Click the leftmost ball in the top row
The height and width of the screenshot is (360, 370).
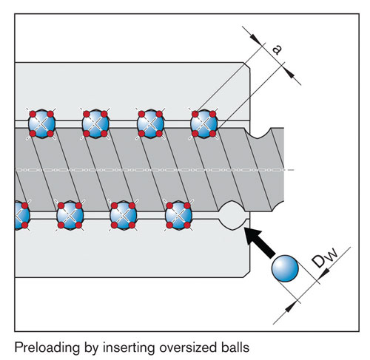tap(42, 123)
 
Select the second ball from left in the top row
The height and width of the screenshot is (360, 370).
tap(96, 123)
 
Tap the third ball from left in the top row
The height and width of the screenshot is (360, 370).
tap(150, 123)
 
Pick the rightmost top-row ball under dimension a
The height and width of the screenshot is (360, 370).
tap(203, 123)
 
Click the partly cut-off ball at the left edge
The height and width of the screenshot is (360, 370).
tap(18, 215)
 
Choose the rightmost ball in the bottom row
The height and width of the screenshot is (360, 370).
tap(178, 215)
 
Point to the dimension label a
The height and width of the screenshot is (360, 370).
tap(276, 49)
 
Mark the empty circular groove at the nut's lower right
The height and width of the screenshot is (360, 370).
tap(233, 214)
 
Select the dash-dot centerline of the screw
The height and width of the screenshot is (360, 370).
tap(148, 171)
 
